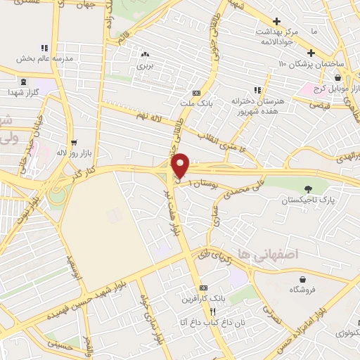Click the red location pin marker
pyautogui.click(x=181, y=165)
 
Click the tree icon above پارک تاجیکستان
pyautogui.click(x=308, y=188)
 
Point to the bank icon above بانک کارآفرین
pyautogui.click(x=204, y=288)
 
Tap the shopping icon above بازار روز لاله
pyautogui.click(x=72, y=141)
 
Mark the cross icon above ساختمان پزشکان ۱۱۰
pyautogui.click(x=311, y=53)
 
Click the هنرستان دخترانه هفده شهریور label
pyautogui.click(x=259, y=105)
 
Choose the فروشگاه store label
pyautogui.click(x=302, y=289)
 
